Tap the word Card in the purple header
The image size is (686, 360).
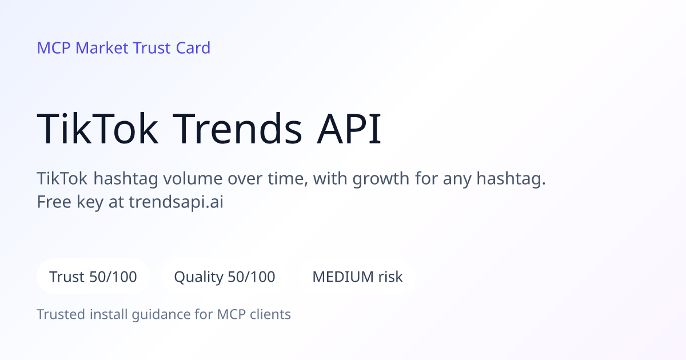pyautogui.click(x=193, y=48)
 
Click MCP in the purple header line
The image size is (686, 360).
pyautogui.click(x=54, y=48)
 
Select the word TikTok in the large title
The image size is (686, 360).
pyautogui.click(x=98, y=129)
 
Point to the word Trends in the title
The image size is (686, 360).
pyautogui.click(x=238, y=129)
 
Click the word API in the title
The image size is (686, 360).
pyautogui.click(x=349, y=129)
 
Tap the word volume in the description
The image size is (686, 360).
pyautogui.click(x=193, y=178)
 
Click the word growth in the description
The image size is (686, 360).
pyautogui.click(x=381, y=179)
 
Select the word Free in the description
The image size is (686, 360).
pyautogui.click(x=54, y=202)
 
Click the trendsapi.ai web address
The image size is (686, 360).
pyautogui.click(x=176, y=202)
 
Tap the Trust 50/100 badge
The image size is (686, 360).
pyautogui.click(x=93, y=277)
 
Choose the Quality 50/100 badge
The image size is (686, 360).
pyautogui.click(x=225, y=277)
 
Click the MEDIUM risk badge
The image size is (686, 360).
pyautogui.click(x=357, y=277)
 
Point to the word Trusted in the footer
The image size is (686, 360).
pyautogui.click(x=61, y=314)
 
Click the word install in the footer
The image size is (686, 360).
pyautogui.click(x=109, y=314)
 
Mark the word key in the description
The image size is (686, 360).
pyautogui.click(x=90, y=202)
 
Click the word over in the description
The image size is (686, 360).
pyautogui.click(x=245, y=179)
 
